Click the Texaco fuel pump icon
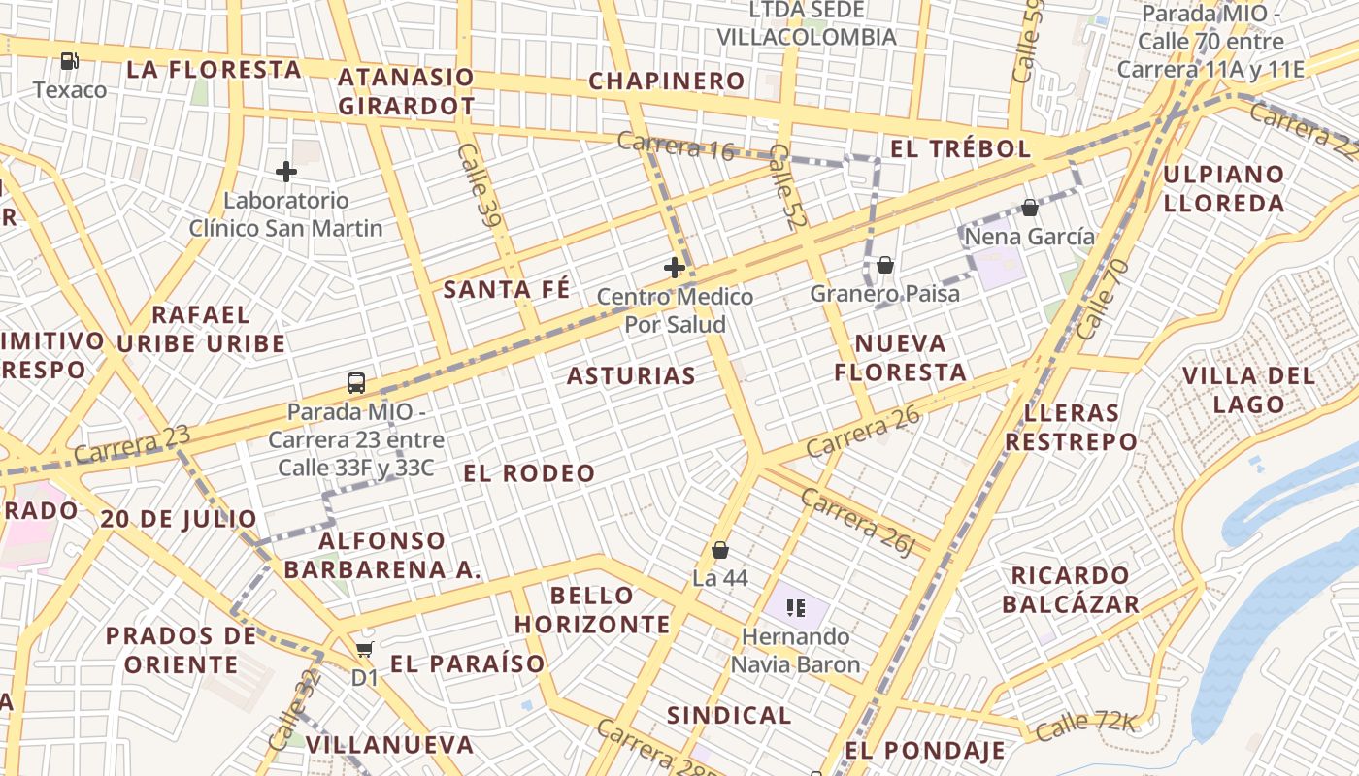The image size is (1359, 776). (x=69, y=61)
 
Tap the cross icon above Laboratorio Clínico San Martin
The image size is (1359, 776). (x=285, y=172)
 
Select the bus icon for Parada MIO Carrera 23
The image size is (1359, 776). (x=356, y=382)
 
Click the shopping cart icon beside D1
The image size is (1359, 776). (x=364, y=649)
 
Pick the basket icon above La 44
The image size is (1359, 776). (x=720, y=550)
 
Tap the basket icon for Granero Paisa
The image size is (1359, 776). (x=884, y=265)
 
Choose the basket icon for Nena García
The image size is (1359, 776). (x=1030, y=208)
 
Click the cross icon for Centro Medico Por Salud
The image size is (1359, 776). (x=675, y=268)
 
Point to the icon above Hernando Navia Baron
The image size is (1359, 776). (x=796, y=609)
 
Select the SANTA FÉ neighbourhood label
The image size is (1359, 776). (x=507, y=289)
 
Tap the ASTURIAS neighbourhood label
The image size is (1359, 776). (x=631, y=376)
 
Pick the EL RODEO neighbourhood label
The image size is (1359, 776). (x=529, y=473)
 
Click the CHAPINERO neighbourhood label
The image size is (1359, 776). (x=667, y=81)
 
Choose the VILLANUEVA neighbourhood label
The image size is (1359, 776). (x=389, y=745)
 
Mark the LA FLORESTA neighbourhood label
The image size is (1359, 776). (x=214, y=69)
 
